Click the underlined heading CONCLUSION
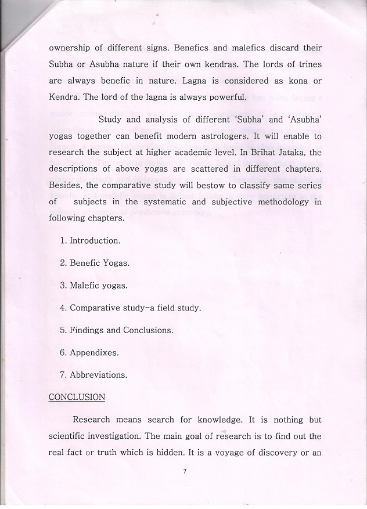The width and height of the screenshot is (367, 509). (77, 397)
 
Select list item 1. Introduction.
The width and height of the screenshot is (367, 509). (90, 240)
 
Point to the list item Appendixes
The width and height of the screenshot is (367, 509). (89, 352)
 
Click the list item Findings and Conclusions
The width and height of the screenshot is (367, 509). (116, 330)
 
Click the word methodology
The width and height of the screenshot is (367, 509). (280, 202)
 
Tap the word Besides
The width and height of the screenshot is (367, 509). (68, 185)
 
